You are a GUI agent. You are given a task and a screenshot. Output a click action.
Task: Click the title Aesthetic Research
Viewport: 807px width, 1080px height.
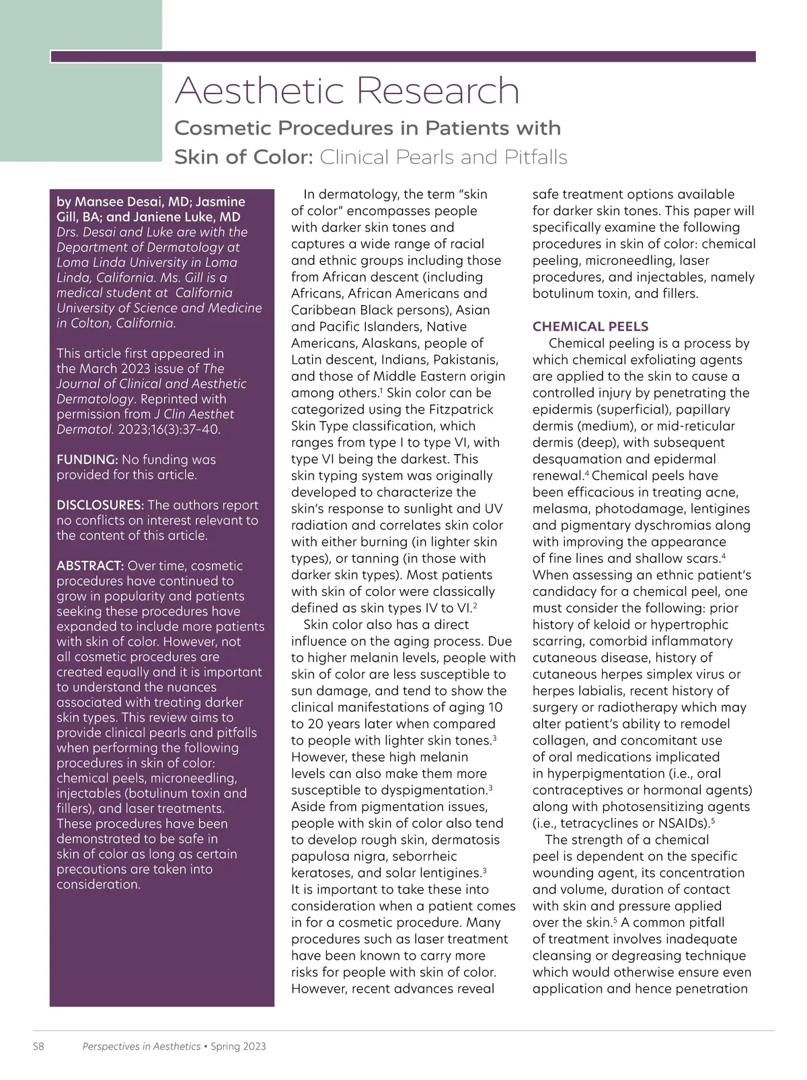(x=347, y=91)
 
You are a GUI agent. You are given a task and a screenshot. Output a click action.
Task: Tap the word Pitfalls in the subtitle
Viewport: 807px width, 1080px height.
(x=535, y=157)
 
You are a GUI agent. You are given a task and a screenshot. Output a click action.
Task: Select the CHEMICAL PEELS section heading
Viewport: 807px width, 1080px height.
(x=590, y=327)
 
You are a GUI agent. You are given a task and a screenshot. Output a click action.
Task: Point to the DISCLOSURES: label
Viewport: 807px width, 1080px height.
(x=100, y=505)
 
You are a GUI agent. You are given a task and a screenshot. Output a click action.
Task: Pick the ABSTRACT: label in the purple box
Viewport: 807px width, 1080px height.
(x=90, y=566)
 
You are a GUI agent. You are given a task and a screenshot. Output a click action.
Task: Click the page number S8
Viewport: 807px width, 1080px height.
(x=38, y=1046)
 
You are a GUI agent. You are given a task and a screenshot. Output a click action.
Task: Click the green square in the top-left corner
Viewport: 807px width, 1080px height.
(x=81, y=81)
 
